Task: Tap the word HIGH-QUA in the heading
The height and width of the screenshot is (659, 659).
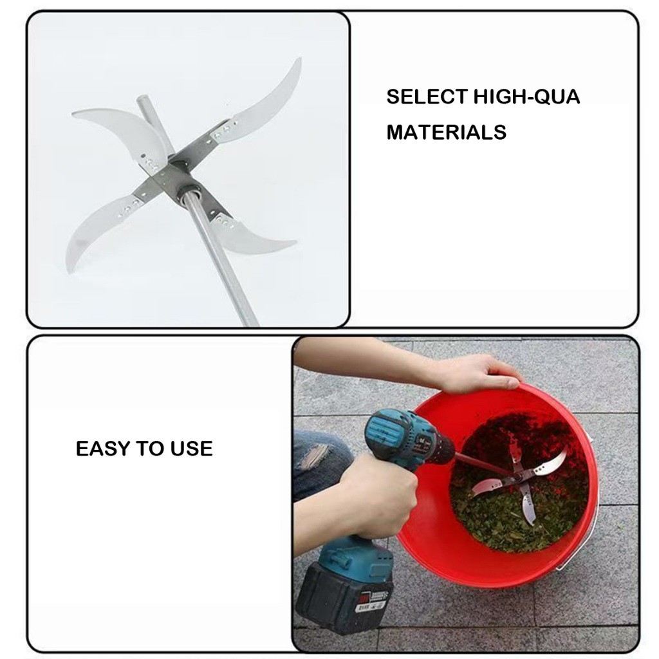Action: pos(527,97)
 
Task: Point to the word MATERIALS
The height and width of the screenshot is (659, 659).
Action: pos(447,133)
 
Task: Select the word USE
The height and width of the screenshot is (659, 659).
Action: pos(191,449)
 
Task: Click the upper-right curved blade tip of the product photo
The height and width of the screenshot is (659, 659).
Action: pos(300,59)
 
